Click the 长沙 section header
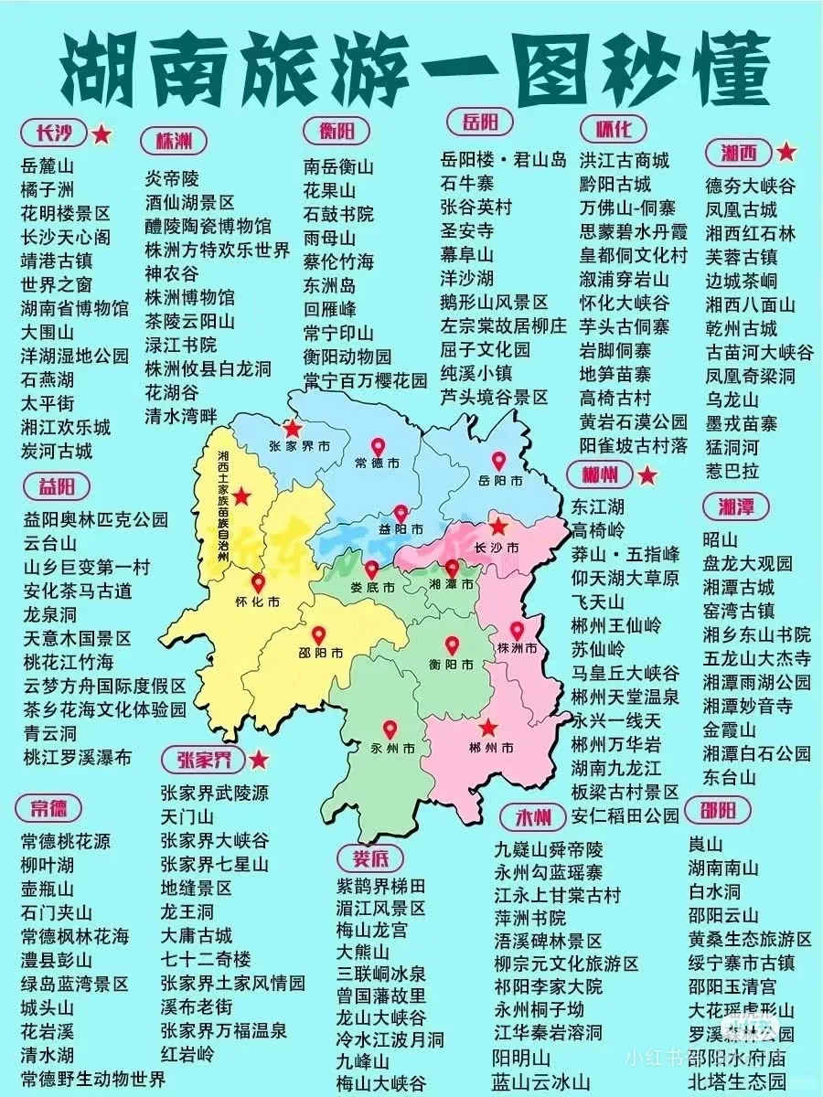(x=53, y=134)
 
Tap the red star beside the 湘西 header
(x=786, y=152)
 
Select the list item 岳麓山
(x=47, y=165)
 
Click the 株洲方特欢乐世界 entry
(x=217, y=250)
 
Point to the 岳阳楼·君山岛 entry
(x=503, y=159)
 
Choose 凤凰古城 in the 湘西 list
(x=741, y=209)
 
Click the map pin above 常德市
(x=378, y=446)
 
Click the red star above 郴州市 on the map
(x=488, y=727)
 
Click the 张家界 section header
(x=198, y=760)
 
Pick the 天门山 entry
(x=187, y=816)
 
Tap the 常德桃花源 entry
(x=65, y=840)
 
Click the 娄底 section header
(x=369, y=858)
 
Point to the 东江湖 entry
(x=598, y=506)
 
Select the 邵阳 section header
(x=724, y=810)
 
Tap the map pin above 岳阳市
(x=498, y=461)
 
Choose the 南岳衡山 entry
(x=338, y=167)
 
